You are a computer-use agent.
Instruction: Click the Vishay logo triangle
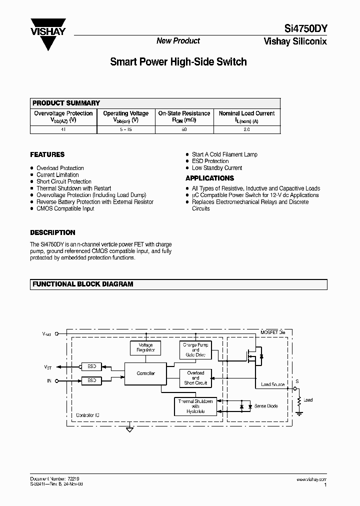pos(48,34)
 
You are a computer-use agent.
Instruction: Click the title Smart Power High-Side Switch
pos(178,62)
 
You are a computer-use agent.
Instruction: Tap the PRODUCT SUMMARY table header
pos(66,103)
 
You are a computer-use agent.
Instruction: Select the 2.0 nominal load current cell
pos(246,129)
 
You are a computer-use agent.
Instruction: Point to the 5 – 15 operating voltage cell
pos(125,129)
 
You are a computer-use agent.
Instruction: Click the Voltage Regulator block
pos(145,347)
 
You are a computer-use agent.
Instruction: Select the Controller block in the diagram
pos(145,373)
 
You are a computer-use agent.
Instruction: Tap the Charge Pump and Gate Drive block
pos(195,349)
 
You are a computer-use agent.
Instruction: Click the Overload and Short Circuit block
pos(195,378)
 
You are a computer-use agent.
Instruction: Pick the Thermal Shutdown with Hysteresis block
pos(195,406)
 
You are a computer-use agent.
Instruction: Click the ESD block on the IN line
pos(91,381)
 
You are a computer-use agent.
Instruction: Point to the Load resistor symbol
pos(299,401)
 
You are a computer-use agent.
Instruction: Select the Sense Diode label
pos(266,406)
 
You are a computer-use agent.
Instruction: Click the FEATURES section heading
pos(47,155)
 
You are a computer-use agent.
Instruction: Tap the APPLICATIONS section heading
pos(209,178)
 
